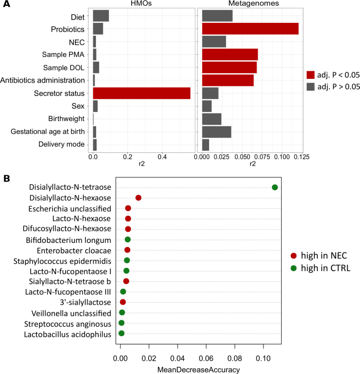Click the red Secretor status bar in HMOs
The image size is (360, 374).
point(141,93)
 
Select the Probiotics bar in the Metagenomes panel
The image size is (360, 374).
point(250,29)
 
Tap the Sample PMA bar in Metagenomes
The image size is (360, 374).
point(230,54)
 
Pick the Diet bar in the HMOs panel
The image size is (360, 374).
point(101,16)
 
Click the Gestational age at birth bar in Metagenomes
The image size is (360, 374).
point(217,132)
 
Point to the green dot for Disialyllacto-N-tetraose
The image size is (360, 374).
point(275,187)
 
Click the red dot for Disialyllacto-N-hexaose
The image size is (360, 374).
point(139,198)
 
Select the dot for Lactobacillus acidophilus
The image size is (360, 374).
point(122,334)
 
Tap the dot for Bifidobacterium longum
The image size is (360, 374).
point(128,239)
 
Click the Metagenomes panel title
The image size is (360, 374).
point(251,4)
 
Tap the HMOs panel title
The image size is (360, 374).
point(142,4)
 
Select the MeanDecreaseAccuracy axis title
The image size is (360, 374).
point(198,369)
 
